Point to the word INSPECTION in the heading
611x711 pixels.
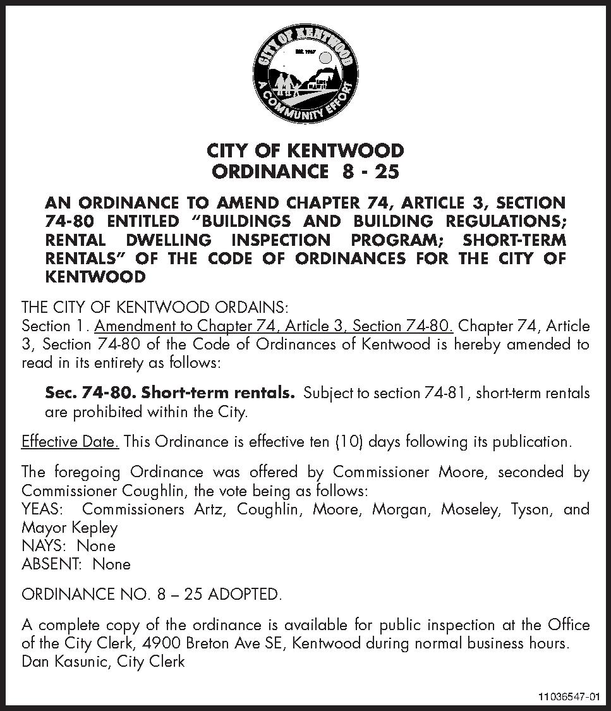coord(281,240)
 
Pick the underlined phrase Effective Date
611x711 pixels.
coord(70,441)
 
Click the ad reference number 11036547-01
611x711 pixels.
coord(568,697)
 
